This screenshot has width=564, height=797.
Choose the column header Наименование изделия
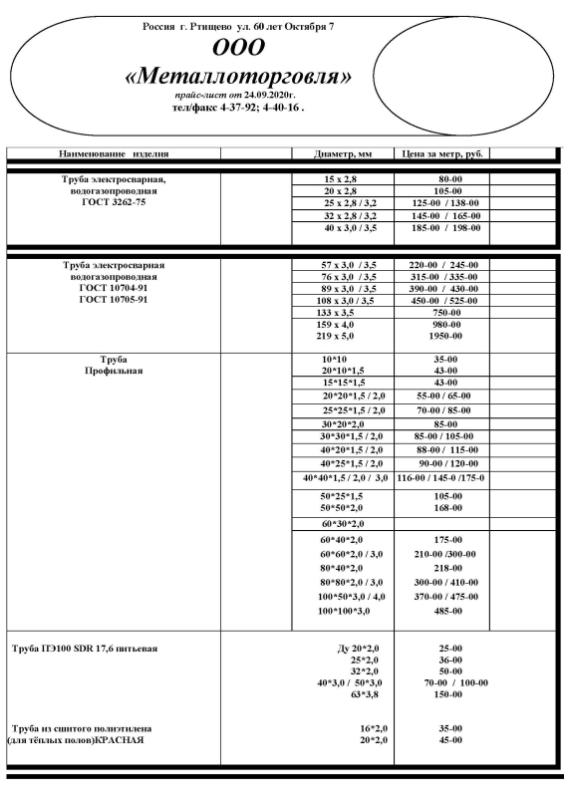click(x=114, y=154)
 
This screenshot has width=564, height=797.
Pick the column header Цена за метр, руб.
click(x=437, y=154)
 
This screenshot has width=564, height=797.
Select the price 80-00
click(x=437, y=177)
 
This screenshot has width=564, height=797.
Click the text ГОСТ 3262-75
click(x=114, y=202)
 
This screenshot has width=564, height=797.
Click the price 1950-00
click(x=437, y=337)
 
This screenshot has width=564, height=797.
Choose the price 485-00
click(x=437, y=611)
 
